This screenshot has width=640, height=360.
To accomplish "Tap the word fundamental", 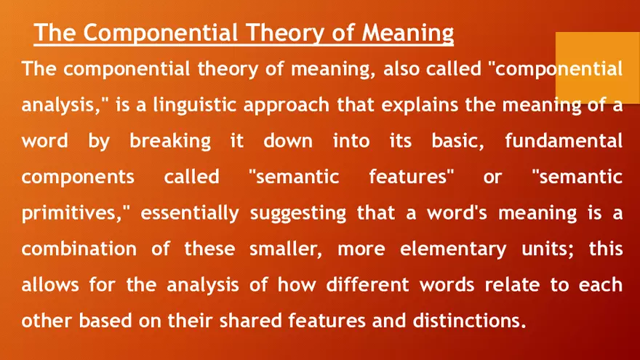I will click(564, 140).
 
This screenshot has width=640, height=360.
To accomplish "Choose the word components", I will click(78, 177).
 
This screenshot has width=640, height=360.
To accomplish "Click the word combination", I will click(79, 249).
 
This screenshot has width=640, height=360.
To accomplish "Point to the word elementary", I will click(453, 249).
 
